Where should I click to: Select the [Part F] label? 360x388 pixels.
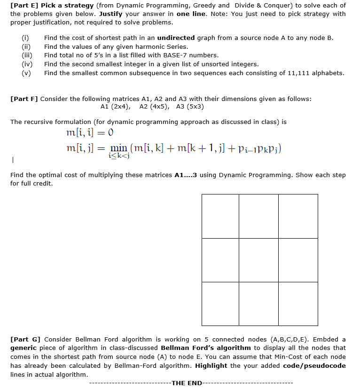(x=24, y=99)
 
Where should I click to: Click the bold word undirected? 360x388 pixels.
(x=176, y=38)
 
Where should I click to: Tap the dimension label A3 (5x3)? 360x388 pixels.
(x=190, y=107)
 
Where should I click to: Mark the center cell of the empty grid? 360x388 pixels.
(x=258, y=260)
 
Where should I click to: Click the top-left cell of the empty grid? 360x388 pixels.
(x=220, y=216)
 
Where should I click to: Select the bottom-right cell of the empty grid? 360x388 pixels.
(x=298, y=303)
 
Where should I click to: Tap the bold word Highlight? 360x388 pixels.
(x=211, y=365)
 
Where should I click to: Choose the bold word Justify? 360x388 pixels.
(x=110, y=14)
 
